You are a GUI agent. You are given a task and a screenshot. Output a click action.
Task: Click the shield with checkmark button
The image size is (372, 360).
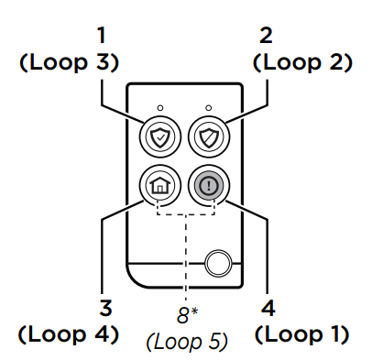tap(160, 137)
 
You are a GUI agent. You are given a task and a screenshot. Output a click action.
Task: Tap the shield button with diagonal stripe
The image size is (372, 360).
tap(209, 137)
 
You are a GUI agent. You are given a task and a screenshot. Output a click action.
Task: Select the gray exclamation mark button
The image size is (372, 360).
tap(209, 186)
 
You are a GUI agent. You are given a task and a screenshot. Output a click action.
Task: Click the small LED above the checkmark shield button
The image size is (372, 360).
tap(160, 108)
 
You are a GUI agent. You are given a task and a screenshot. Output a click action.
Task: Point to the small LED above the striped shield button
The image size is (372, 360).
tap(209, 108)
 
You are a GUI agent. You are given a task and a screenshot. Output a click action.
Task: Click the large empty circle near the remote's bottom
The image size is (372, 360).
tap(218, 263)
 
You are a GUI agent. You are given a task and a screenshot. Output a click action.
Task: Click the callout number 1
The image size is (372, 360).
tap(101, 35)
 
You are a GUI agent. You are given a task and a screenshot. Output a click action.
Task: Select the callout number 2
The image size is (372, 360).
tap(266, 35)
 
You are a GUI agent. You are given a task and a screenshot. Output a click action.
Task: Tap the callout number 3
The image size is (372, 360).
tap(106, 308)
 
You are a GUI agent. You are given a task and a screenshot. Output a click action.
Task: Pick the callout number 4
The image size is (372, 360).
tap(268, 308)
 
